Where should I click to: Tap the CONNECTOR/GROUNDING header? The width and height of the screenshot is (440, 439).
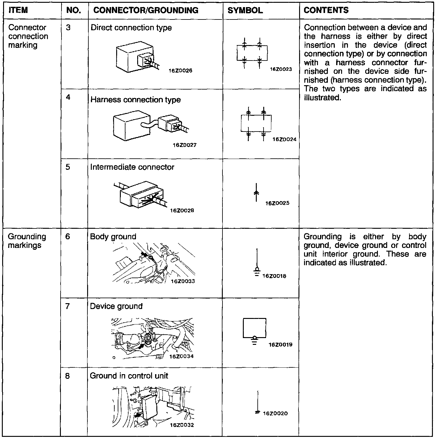pyautogui.click(x=146, y=10)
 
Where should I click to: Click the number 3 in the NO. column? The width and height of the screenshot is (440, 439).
pyautogui.click(x=68, y=28)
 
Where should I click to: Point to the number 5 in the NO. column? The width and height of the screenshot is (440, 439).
pyautogui.click(x=68, y=167)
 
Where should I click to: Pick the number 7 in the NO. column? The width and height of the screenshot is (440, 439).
pyautogui.click(x=68, y=306)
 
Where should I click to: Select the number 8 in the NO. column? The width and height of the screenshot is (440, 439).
pyautogui.click(x=68, y=376)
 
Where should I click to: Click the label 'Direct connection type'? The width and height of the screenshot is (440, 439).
pyautogui.click(x=131, y=28)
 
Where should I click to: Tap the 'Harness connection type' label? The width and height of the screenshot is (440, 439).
pyautogui.click(x=135, y=100)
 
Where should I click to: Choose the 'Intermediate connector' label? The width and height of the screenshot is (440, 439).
pyautogui.click(x=132, y=167)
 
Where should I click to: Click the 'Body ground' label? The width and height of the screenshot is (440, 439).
pyautogui.click(x=113, y=237)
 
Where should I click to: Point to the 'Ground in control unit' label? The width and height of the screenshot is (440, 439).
pyautogui.click(x=129, y=376)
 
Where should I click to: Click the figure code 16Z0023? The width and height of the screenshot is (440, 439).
pyautogui.click(x=281, y=69)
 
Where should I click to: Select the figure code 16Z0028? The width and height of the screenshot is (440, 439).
pyautogui.click(x=182, y=211)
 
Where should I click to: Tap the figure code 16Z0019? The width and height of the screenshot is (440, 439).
pyautogui.click(x=281, y=345)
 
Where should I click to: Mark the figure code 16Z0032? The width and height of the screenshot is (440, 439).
pyautogui.click(x=182, y=425)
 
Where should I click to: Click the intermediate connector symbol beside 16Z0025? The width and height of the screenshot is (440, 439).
pyautogui.click(x=256, y=192)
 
